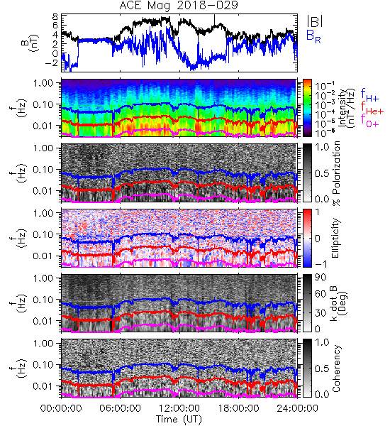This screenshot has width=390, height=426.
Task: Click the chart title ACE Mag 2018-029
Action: tap(179, 6)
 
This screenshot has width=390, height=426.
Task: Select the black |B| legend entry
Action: tap(315, 21)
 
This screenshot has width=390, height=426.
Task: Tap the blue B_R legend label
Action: tap(313, 36)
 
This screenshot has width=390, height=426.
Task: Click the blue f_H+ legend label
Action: tap(369, 95)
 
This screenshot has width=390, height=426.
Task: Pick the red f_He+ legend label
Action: tap(372, 108)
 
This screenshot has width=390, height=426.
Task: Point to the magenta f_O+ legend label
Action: tap(369, 121)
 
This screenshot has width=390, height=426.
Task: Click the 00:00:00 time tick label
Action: tap(61, 408)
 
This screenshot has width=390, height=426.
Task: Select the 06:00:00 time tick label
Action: tap(121, 408)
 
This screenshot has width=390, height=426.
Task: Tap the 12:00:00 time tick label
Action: tap(179, 408)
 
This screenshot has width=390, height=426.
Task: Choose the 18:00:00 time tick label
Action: tap(238, 408)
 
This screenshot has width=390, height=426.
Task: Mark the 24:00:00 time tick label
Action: tap(297, 408)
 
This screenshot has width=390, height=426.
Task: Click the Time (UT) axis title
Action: tap(179, 420)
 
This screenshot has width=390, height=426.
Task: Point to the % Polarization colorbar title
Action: tap(337, 173)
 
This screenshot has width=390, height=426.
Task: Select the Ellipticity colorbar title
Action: tap(336, 238)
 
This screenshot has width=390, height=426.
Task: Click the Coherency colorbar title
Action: tap(336, 368)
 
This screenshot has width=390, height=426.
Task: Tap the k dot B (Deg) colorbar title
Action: tap(338, 303)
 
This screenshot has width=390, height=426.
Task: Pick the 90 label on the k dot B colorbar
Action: tap(321, 278)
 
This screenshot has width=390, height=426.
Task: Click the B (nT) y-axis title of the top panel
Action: tap(31, 43)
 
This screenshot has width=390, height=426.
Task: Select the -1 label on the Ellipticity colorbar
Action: tap(321, 264)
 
